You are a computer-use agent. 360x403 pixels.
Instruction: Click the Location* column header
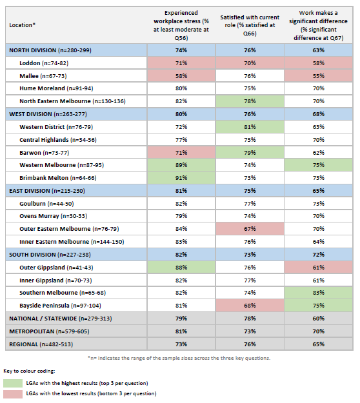23,25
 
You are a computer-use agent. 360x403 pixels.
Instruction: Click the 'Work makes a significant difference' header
318,25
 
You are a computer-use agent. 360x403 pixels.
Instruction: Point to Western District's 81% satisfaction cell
248,126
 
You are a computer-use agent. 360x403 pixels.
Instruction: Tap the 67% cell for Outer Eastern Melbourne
248,228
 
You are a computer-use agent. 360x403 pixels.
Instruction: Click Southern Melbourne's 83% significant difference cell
318,293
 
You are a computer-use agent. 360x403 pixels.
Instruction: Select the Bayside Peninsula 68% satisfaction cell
248,305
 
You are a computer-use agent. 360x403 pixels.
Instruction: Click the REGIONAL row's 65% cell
318,344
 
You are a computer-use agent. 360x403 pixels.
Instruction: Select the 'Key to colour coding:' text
31,372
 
